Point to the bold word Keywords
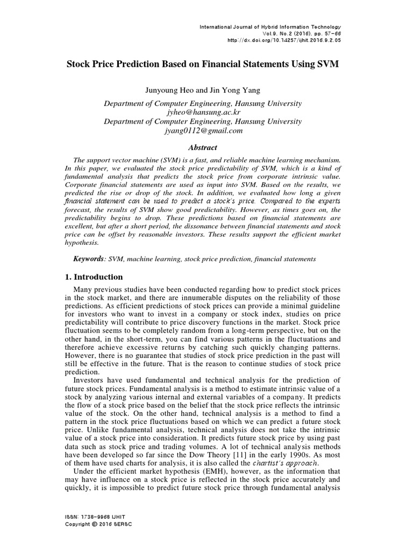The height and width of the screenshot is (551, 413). [x=89, y=259]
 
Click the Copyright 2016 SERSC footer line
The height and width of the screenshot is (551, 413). [x=98, y=524]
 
